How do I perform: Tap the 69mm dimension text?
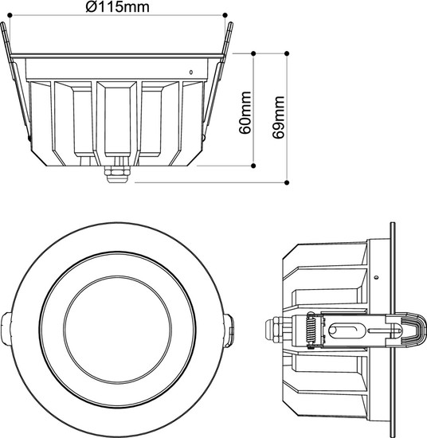click(x=279, y=118)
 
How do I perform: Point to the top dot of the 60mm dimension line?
click(x=253, y=53)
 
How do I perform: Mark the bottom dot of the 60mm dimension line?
click(x=253, y=167)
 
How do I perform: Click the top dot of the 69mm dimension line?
click(x=287, y=53)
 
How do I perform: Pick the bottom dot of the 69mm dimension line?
click(x=287, y=182)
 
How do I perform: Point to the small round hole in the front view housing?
click(x=190, y=72)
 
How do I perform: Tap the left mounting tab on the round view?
click(x=6, y=327)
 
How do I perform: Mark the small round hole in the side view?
click(x=375, y=276)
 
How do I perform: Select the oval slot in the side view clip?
click(x=347, y=328)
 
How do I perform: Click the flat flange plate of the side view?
click(x=394, y=327)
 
